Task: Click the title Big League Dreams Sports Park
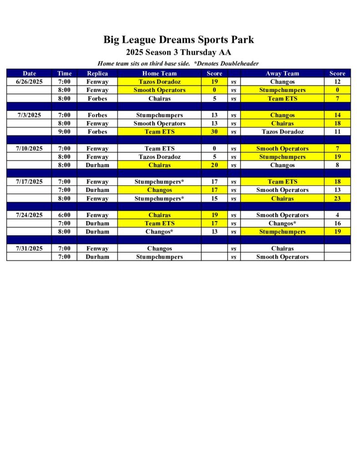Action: click(x=178, y=40)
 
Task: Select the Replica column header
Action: click(x=97, y=73)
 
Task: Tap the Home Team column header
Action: click(x=159, y=73)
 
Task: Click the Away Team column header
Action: click(x=282, y=73)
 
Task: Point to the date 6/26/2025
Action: click(x=29, y=82)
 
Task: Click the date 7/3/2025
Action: click(x=29, y=115)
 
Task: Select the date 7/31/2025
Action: click(x=29, y=248)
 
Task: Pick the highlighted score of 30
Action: click(x=214, y=132)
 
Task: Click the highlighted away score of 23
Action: click(x=337, y=198)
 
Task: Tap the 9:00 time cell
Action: click(x=64, y=132)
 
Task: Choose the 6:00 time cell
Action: click(x=64, y=215)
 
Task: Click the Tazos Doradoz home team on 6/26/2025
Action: click(x=159, y=82)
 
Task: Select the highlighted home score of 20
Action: click(x=214, y=165)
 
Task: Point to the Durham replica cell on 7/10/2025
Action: click(x=97, y=165)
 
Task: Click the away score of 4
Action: click(x=337, y=215)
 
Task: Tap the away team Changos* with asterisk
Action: click(x=282, y=223)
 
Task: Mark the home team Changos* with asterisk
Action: click(x=159, y=232)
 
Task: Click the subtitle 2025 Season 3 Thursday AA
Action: click(x=178, y=52)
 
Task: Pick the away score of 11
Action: click(x=337, y=132)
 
